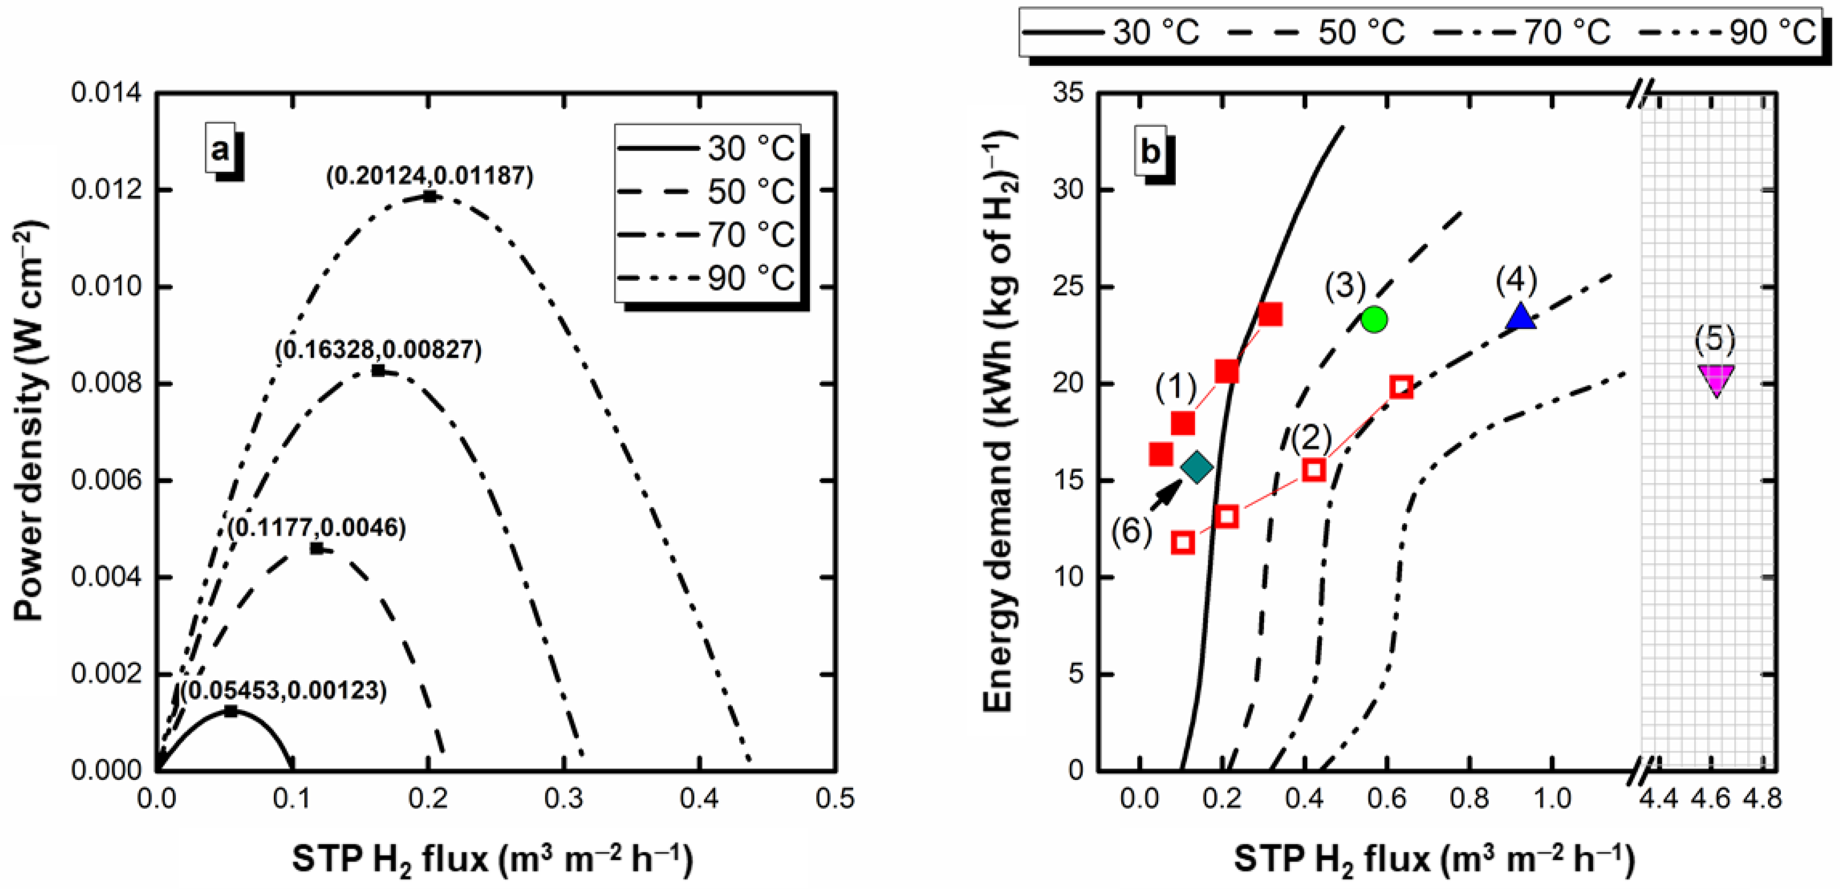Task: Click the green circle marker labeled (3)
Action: (x=1374, y=320)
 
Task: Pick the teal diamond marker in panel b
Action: (x=1197, y=468)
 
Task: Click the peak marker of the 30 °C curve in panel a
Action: (x=230, y=711)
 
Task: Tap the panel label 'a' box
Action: (x=219, y=148)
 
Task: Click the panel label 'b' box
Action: (x=1151, y=151)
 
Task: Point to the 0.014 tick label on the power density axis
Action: (x=105, y=93)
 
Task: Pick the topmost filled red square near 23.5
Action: (x=1270, y=314)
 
